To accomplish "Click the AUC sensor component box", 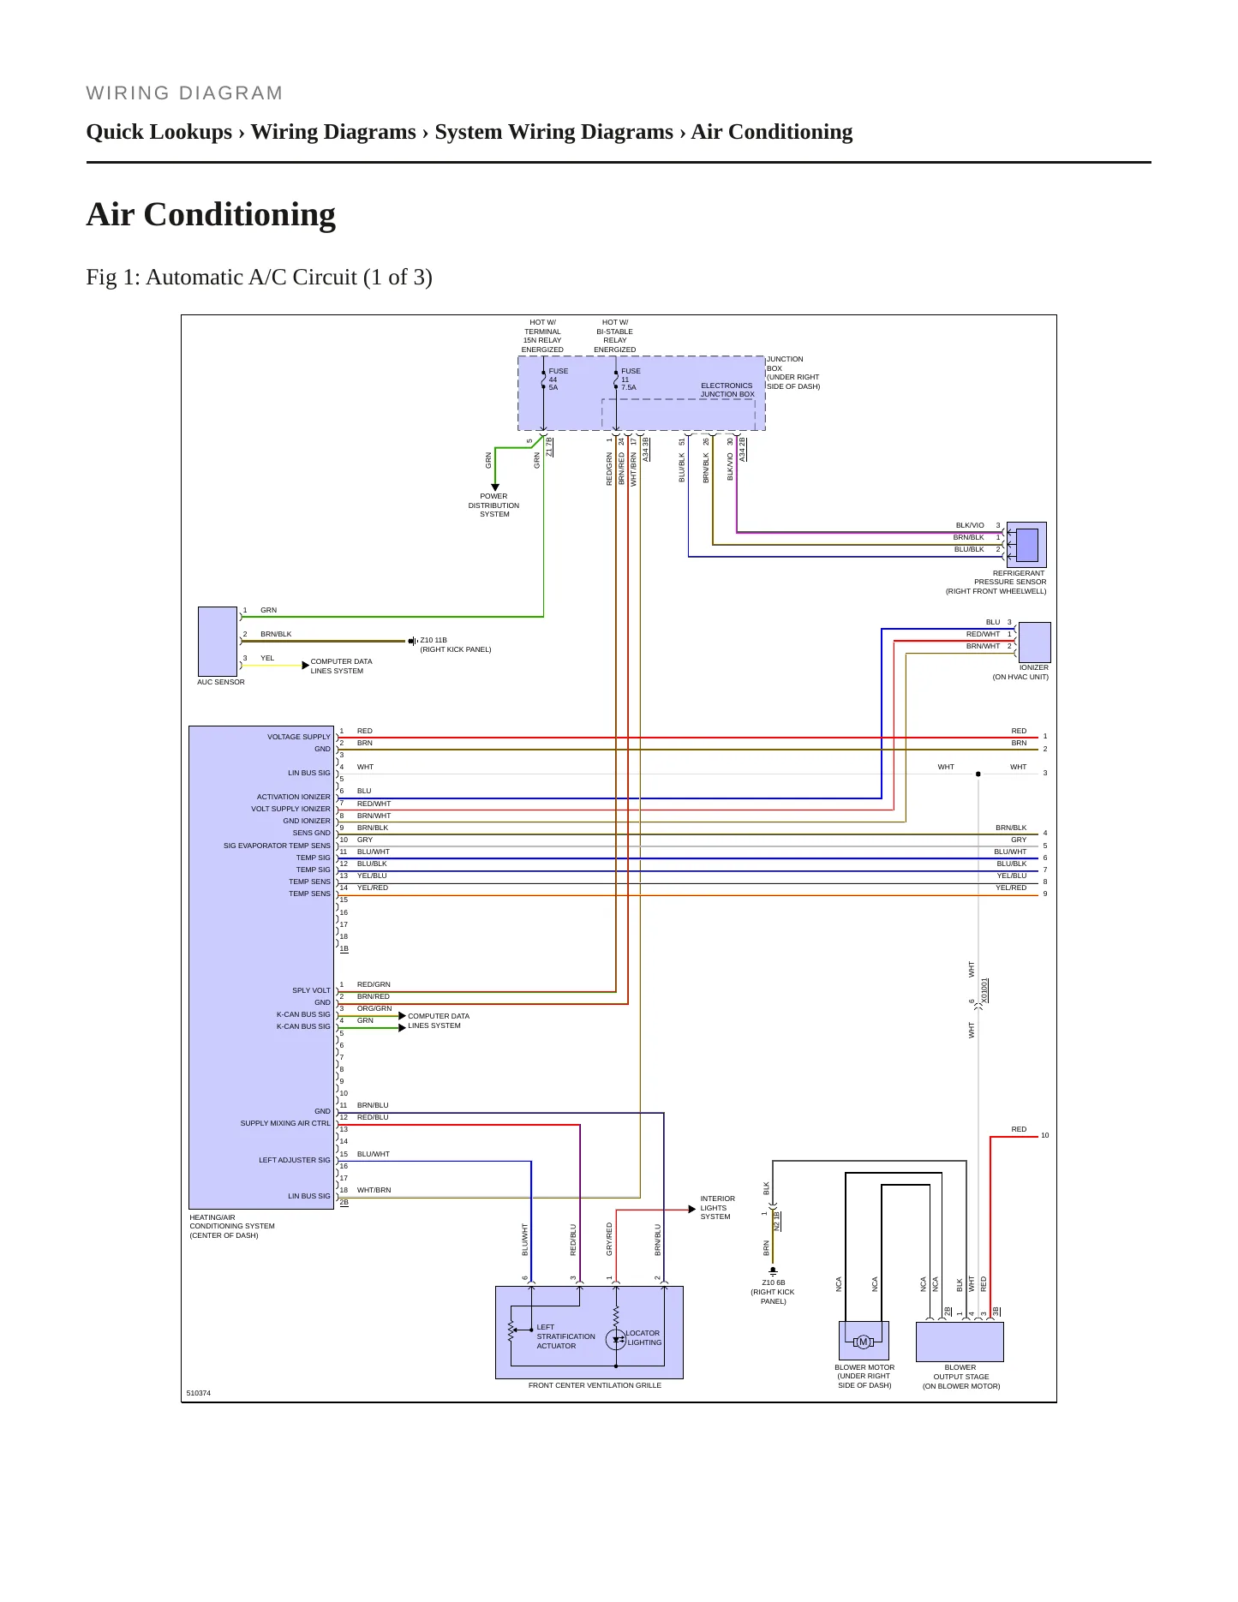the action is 218,642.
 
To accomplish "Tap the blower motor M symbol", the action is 864,1342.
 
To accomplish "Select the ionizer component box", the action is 1034,643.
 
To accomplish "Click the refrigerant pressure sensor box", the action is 1026,545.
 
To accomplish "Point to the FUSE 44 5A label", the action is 558,380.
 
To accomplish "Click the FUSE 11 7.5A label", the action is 631,380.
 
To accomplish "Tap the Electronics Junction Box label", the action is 727,390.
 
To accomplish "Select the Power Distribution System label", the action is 493,505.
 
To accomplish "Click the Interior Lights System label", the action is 717,1208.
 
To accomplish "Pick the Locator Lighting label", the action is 643,1338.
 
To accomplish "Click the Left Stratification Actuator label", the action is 565,1336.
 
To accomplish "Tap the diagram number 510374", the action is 198,1393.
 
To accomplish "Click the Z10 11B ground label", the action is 455,645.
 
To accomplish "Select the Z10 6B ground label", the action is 773,1292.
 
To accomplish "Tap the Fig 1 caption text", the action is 259,278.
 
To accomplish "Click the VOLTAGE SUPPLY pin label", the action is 298,737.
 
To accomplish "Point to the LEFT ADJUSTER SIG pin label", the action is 294,1160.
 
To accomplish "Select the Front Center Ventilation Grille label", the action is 595,1385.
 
